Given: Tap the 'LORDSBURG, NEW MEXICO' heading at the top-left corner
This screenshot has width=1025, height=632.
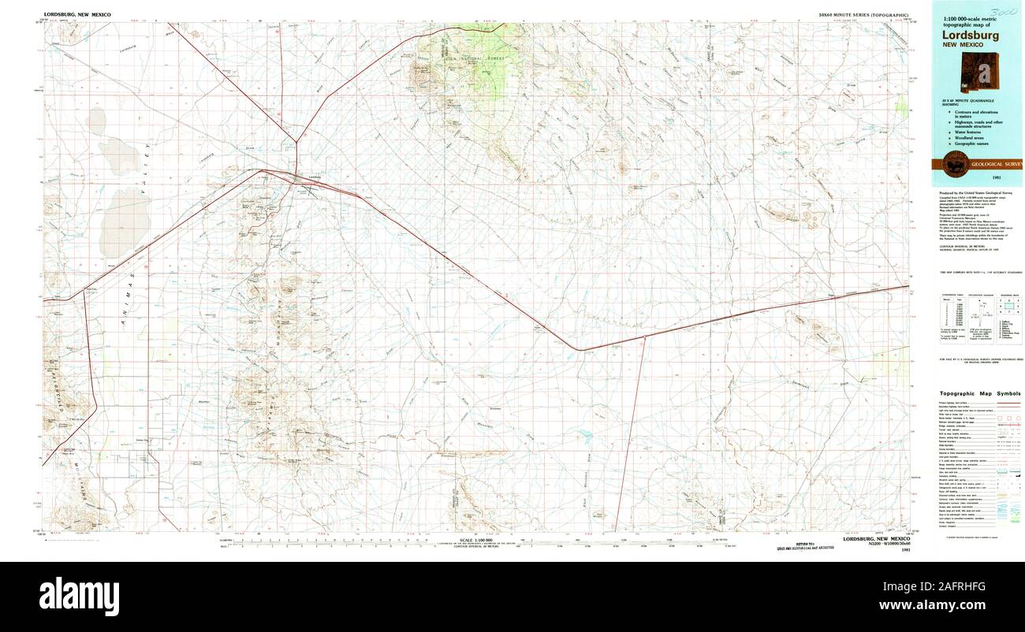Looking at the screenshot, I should coord(77,15).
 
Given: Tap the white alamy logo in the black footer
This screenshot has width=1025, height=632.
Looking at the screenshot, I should coord(79,592).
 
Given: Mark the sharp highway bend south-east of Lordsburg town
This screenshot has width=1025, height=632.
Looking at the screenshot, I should coord(580,349).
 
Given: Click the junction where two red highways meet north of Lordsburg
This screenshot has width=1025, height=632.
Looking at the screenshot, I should coord(296,143).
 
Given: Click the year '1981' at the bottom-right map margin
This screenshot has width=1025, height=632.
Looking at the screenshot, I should coord(905,550).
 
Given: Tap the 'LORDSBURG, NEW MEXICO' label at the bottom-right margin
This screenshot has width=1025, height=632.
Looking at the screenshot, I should coord(876,539).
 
